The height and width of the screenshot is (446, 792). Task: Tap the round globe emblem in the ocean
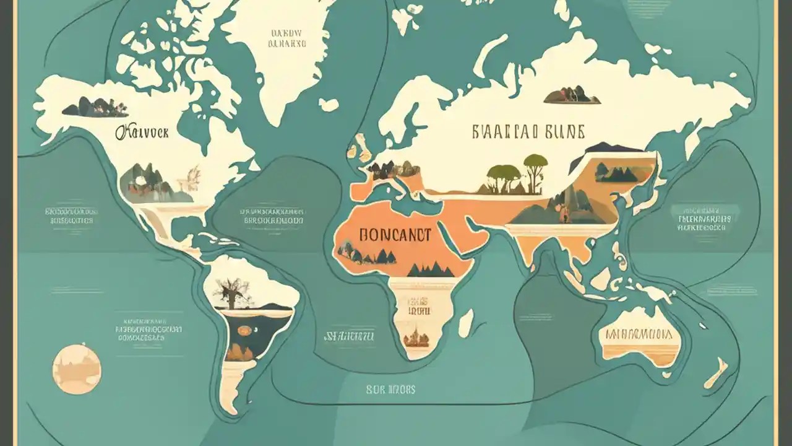(x=77, y=369)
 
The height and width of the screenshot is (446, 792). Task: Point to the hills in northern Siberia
(x=572, y=95)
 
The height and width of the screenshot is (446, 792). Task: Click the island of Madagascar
(x=466, y=323)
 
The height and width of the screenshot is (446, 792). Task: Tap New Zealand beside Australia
(x=718, y=372)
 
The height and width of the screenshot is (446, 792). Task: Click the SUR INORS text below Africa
(x=390, y=390)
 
